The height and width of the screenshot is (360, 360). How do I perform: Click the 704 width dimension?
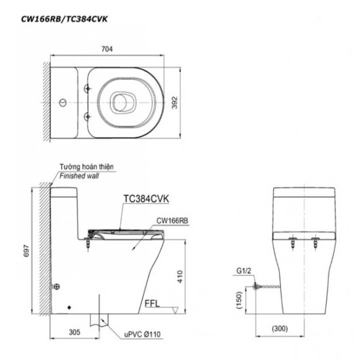[107, 50]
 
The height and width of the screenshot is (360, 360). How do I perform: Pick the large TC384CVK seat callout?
[146, 199]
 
